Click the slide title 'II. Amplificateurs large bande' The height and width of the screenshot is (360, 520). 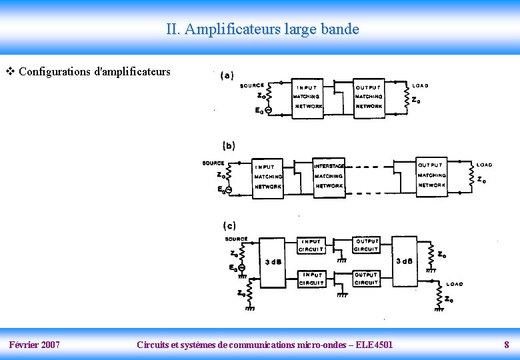point(263,29)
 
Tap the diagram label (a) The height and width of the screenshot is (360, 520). point(227,75)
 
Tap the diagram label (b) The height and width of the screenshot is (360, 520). point(229,145)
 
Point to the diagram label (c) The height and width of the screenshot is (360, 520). point(229,226)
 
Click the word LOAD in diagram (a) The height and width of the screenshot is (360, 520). point(421,86)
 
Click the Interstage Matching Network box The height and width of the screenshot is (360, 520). point(329,177)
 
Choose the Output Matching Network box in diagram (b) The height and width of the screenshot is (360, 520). point(432,175)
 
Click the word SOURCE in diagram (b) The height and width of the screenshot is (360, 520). point(213,163)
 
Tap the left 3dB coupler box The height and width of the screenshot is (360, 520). point(273,261)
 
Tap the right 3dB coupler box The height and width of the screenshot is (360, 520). point(405,260)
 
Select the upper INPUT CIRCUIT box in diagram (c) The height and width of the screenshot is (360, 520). point(313,245)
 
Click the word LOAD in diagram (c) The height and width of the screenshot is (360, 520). point(455,285)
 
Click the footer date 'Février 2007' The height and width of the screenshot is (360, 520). point(34,345)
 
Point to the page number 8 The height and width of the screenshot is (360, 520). point(506,345)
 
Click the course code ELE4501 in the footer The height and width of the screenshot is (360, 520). point(373,345)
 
